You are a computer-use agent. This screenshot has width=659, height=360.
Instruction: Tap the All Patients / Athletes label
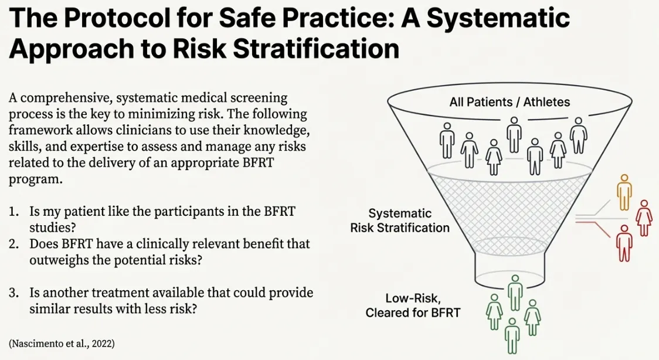(x=509, y=102)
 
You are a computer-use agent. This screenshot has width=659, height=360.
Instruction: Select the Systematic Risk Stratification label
(x=400, y=220)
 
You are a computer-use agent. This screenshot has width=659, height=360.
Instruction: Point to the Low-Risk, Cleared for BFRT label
(x=413, y=305)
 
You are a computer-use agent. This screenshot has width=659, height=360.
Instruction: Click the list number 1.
(x=13, y=212)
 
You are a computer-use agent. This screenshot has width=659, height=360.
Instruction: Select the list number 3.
(x=13, y=293)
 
